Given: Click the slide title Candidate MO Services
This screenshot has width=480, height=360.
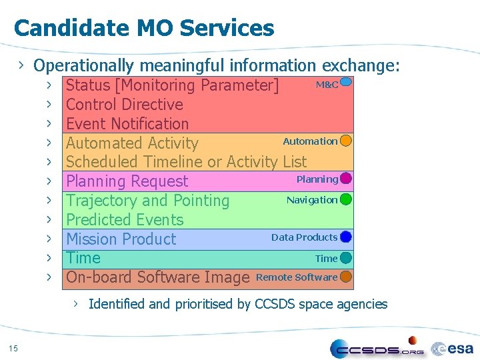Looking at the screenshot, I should [x=143, y=28].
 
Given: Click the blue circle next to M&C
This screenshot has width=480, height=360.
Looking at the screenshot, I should [x=345, y=83].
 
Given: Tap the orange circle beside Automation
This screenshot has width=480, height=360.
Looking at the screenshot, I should [x=345, y=141].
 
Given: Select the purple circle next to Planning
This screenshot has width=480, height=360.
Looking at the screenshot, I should [x=345, y=179].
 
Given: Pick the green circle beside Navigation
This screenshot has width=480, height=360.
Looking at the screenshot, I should [x=345, y=199].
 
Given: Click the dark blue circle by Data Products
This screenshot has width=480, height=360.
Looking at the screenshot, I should [x=345, y=237].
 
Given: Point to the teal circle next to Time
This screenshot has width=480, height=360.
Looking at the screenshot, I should [x=345, y=258].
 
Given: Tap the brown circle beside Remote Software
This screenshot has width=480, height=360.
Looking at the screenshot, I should [x=345, y=277].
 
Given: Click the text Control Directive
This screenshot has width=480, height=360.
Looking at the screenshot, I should [x=124, y=105].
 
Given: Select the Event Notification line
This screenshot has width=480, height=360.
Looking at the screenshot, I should [x=127, y=124].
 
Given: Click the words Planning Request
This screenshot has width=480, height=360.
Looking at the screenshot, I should [x=127, y=181].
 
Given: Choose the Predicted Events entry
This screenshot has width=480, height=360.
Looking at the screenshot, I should [x=124, y=219].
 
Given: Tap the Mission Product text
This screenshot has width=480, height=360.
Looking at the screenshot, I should [x=121, y=239].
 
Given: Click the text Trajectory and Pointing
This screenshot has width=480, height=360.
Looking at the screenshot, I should [x=147, y=201].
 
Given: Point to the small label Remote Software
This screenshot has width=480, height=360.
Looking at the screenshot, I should [x=297, y=277].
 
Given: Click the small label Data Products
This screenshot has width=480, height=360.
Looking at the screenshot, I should [x=304, y=237].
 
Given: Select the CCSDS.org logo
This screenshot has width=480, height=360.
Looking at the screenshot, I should [x=377, y=348].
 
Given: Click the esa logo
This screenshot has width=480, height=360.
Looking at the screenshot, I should [x=453, y=348].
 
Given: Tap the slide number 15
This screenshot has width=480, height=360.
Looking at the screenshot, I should [x=14, y=347].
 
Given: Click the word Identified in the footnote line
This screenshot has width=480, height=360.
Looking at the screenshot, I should [x=117, y=304].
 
